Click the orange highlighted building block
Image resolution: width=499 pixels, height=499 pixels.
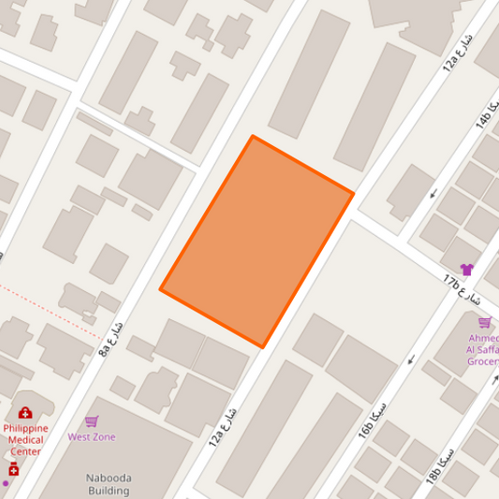(257, 242)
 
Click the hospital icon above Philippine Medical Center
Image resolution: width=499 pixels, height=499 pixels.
(25, 413)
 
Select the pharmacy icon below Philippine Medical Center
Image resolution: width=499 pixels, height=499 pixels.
(14, 468)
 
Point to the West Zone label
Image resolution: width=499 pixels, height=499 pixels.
(92, 437)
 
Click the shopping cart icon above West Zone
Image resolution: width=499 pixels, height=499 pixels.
(92, 422)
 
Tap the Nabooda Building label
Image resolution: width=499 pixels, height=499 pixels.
(109, 483)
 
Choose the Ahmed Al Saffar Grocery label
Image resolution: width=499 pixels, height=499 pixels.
(483, 349)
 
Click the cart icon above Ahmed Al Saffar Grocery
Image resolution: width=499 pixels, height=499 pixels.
(485, 322)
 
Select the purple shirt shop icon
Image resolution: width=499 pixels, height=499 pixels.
(466, 270)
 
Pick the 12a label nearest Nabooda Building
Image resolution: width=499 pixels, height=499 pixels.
(223, 426)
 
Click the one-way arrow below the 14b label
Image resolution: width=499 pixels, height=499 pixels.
(433, 195)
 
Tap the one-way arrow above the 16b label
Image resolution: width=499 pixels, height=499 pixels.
(410, 359)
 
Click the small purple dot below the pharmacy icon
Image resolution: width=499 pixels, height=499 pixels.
(5, 483)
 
